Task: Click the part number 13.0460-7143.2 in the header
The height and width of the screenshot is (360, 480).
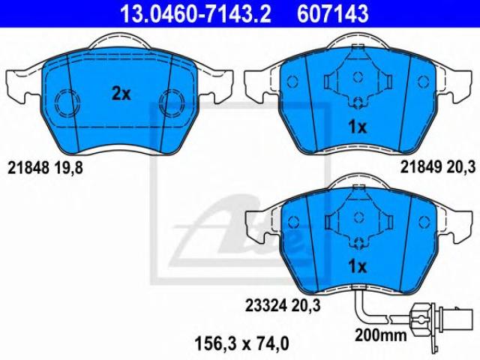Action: click(x=195, y=14)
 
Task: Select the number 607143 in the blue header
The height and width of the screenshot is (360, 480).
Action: click(x=333, y=14)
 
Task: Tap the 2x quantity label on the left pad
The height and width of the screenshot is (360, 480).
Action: click(x=121, y=94)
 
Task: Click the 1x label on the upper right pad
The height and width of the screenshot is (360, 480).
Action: click(x=357, y=127)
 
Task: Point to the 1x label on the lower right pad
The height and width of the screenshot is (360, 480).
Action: click(x=357, y=267)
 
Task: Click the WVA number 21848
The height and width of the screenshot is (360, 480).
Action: click(x=28, y=168)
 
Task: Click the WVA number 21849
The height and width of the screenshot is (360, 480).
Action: click(x=421, y=167)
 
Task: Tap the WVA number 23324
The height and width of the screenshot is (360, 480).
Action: click(x=265, y=305)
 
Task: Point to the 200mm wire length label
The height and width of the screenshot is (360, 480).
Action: click(x=381, y=335)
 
